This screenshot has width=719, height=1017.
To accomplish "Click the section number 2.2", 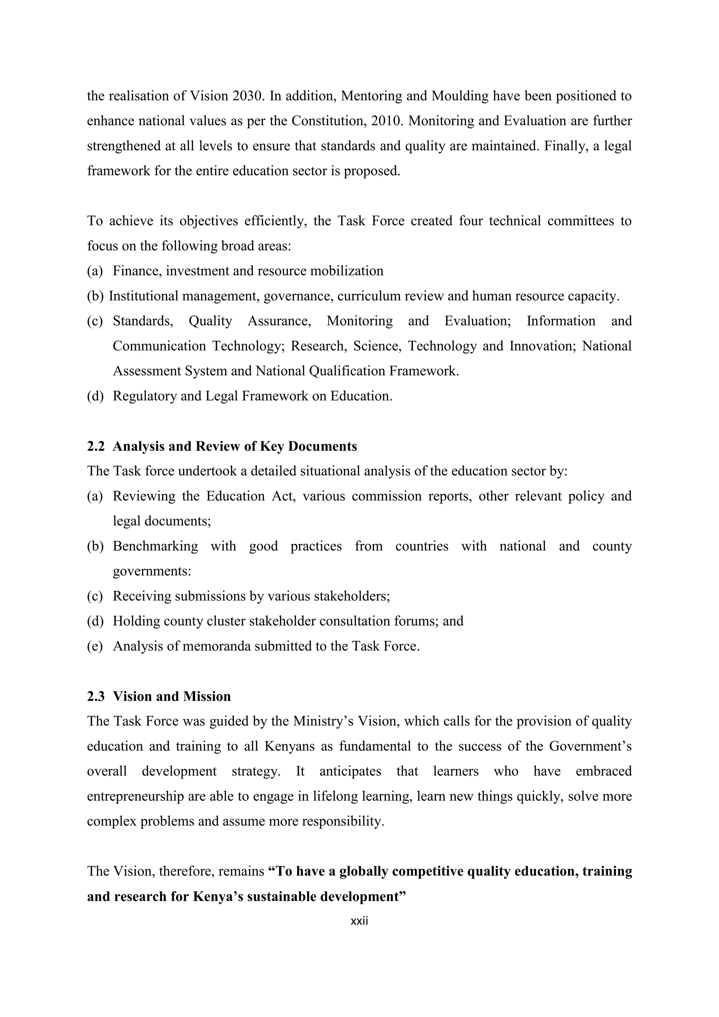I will [x=95, y=446].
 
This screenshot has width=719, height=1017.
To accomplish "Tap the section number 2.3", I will [x=95, y=696].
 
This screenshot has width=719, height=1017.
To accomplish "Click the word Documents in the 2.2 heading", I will [x=322, y=446].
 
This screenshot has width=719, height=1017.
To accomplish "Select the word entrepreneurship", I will [x=136, y=796].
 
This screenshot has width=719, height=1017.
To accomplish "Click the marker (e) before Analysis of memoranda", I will [x=95, y=646].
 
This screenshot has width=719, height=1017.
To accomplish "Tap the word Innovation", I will [x=542, y=346].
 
